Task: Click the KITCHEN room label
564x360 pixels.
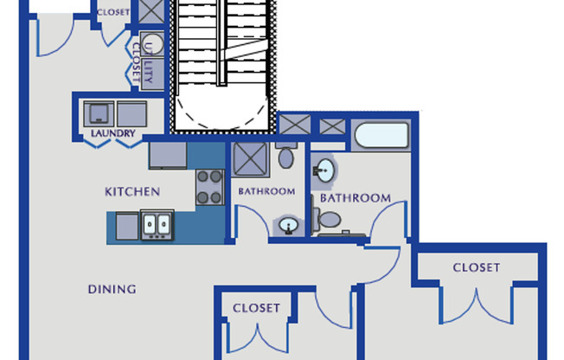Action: coord(132,191)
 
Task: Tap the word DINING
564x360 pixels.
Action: coord(112,289)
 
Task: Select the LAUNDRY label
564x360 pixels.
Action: coord(113,133)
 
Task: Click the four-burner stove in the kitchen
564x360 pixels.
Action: coord(210,187)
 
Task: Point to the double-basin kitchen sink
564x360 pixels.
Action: coord(157,225)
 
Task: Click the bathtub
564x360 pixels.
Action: coord(381,135)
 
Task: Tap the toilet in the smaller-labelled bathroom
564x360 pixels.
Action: coord(286,156)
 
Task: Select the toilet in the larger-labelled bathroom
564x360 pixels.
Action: coord(327,220)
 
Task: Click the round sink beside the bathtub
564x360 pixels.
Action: coord(325,170)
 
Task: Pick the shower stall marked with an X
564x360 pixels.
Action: coord(250,159)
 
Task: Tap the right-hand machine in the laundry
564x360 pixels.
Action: coord(132,113)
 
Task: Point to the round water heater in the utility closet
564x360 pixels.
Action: coord(152,44)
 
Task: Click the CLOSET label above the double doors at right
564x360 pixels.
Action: coord(477,267)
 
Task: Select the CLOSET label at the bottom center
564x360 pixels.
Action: coord(256,308)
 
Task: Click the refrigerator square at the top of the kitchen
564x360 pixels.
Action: coord(168,156)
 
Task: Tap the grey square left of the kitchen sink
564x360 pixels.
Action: coord(127,226)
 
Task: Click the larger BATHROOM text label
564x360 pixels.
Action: coord(356,198)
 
